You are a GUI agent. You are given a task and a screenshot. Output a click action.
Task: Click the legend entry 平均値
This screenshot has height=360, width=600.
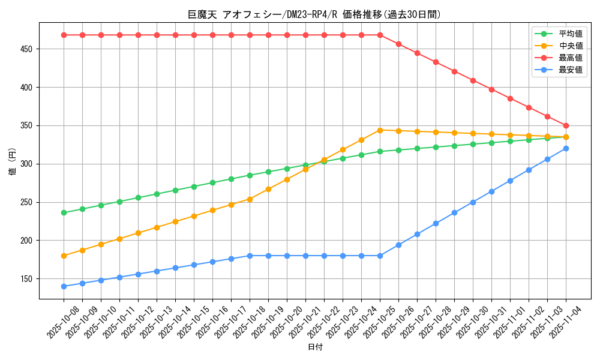tap(571, 34)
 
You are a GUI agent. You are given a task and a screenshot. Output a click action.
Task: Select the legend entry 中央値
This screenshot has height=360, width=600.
tap(571, 46)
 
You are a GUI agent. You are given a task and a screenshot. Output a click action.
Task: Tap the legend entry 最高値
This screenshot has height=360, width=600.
tap(571, 58)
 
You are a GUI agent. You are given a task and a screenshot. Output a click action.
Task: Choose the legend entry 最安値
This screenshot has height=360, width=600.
tap(571, 70)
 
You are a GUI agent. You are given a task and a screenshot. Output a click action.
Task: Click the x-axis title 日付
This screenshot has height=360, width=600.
tap(315, 347)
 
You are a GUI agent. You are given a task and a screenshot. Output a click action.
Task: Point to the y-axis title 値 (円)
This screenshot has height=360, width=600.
tap(13, 162)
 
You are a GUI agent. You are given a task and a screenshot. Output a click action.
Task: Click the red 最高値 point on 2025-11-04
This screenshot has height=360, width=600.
tap(566, 125)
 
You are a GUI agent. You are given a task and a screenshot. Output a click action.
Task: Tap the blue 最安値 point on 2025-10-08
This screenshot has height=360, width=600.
tap(64, 286)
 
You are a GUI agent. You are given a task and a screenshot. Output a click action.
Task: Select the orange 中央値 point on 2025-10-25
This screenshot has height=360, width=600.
tap(380, 130)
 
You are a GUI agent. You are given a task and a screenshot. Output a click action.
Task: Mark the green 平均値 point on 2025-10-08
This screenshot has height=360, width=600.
tap(64, 212)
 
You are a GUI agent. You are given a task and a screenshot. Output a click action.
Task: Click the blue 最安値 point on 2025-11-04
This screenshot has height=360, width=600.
tap(566, 148)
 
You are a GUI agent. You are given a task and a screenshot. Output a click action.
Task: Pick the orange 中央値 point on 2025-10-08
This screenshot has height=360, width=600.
tap(64, 256)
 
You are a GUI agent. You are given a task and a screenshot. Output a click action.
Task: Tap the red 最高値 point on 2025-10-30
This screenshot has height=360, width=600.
tap(473, 80)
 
